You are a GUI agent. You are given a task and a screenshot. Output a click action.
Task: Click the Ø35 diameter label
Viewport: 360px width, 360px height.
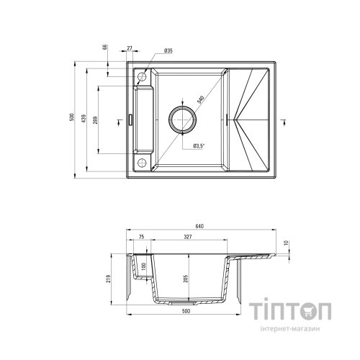[167, 50]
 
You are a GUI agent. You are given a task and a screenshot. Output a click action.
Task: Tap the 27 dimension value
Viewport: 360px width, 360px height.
[130, 49]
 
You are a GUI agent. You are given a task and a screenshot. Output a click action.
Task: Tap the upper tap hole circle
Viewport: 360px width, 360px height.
[143, 76]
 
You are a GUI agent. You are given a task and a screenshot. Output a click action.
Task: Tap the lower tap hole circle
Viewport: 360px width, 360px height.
[143, 161]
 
